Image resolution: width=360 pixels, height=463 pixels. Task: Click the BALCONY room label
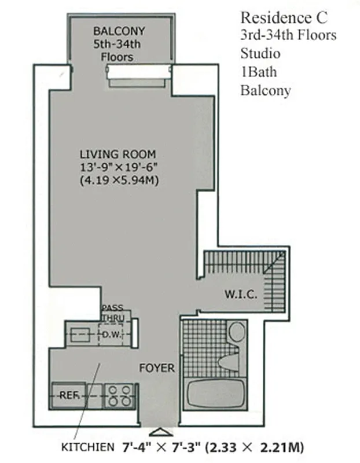coord(119,31)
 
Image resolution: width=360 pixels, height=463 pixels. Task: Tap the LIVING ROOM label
coord(117,155)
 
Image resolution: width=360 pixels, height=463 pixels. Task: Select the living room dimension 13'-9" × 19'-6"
coord(119,167)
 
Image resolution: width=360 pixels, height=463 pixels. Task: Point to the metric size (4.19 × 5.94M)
coord(119,181)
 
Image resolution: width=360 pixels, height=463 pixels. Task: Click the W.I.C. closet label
coord(240,294)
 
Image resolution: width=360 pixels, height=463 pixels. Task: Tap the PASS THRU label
coord(112,313)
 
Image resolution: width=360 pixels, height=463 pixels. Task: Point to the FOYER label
coord(156,368)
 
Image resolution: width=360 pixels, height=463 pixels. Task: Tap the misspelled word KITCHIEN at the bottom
coord(89,447)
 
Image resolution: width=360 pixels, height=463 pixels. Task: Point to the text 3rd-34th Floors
coord(288,35)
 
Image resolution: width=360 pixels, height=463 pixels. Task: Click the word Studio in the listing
coord(260,53)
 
